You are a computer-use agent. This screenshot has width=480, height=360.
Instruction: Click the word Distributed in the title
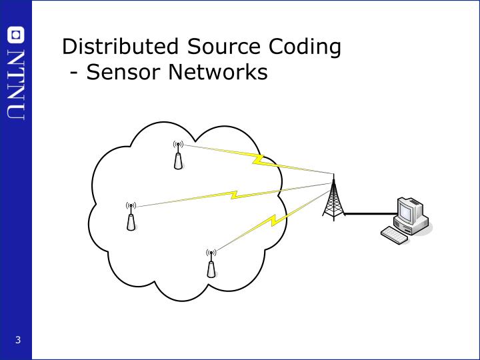[121, 47]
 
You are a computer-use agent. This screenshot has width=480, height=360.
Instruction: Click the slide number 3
[19, 341]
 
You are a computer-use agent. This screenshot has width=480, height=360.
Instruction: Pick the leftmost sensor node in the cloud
[131, 220]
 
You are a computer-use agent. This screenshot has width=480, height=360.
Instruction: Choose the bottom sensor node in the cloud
[211, 267]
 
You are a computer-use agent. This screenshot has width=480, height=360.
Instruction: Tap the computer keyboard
[394, 235]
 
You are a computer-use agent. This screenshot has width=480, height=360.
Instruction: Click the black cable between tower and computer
[367, 214]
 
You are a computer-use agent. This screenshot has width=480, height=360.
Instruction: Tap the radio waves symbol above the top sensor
[177, 145]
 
